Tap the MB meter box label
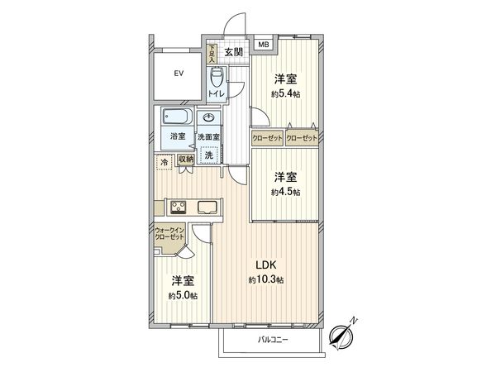pos(264,45)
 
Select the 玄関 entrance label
pos(233,52)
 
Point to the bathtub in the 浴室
pos(174,117)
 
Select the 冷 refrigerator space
pos(164,161)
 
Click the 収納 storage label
pos(184,159)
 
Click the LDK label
pos(265,265)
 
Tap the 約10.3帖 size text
pos(265,281)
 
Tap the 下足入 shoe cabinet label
pos(212,55)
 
